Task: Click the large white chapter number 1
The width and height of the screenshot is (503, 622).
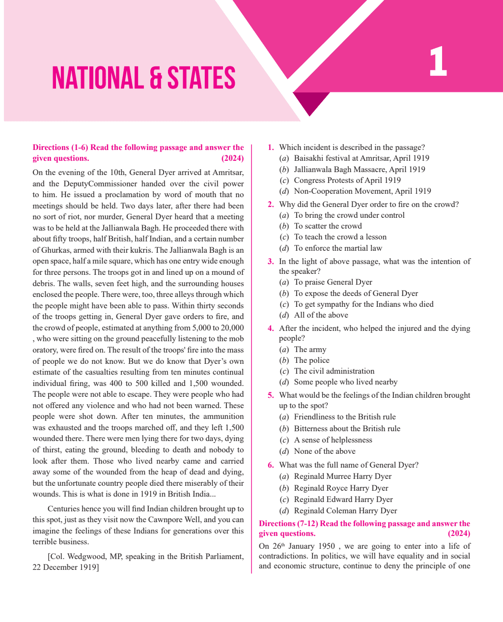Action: [438, 62]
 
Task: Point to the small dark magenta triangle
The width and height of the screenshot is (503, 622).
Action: [311, 103]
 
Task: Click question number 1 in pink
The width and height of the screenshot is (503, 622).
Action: [271, 148]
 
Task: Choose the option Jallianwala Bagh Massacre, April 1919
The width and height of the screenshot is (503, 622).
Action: [359, 169]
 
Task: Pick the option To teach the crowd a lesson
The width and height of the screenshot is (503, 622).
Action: [340, 237]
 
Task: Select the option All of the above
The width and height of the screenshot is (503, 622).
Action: [321, 315]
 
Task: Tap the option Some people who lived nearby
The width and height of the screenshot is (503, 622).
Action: [345, 382]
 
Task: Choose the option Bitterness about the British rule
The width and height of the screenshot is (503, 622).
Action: [347, 429]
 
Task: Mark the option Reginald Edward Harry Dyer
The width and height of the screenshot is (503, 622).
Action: [343, 500]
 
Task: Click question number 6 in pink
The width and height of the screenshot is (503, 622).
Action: [271, 465]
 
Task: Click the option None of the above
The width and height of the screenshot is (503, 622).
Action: [324, 451]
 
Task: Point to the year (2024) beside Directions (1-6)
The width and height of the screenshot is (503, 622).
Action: [232, 158]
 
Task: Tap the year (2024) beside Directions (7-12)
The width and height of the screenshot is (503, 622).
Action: [459, 533]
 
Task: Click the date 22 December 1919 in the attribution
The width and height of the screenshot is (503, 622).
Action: [65, 567]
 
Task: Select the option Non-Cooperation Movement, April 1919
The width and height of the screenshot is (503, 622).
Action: [362, 191]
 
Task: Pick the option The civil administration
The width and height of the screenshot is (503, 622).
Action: [334, 371]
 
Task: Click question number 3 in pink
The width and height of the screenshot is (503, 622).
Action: [271, 262]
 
